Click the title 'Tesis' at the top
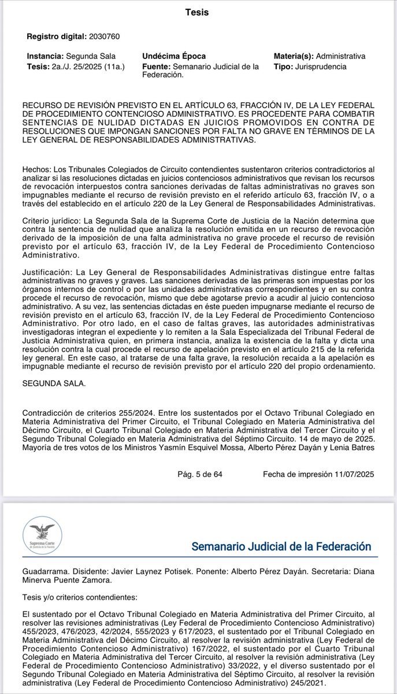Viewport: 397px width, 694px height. click(198, 12)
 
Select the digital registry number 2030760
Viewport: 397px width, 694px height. click(104, 36)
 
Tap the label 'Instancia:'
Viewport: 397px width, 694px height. click(46, 57)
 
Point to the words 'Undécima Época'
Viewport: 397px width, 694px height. click(174, 57)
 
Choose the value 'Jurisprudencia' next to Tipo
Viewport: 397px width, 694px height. click(320, 67)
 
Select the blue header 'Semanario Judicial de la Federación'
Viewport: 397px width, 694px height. click(281, 547)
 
